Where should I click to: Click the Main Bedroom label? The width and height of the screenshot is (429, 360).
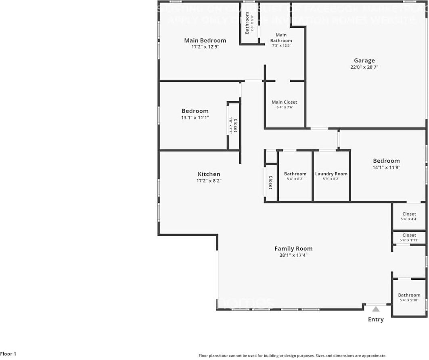tap(205, 40)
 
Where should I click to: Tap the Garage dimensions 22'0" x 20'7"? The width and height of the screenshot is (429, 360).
tap(364, 67)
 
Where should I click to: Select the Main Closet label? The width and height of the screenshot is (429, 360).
tap(284, 102)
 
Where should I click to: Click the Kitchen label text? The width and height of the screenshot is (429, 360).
tap(209, 174)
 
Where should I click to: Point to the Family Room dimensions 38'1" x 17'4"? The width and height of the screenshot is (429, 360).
tap(293, 255)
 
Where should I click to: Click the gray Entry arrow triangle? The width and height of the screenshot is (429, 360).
tap(376, 309)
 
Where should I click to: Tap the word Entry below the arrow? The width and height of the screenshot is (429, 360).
tap(376, 320)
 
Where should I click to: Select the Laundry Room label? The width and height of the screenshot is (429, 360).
tap(331, 174)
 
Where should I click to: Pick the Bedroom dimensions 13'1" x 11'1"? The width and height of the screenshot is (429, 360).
tap(195, 117)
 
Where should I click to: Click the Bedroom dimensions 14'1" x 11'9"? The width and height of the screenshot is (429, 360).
tap(386, 167)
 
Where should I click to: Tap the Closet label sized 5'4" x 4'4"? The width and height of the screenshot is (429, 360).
tap(409, 214)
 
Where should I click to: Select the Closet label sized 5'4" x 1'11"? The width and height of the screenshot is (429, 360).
tap(409, 235)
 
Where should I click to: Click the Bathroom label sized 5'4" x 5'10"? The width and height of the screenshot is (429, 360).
tap(409, 295)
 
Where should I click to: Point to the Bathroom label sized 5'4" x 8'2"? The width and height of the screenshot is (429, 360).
tap(295, 174)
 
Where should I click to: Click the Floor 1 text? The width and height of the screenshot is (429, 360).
tap(8, 354)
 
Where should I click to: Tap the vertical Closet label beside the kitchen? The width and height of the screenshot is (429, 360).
tap(270, 183)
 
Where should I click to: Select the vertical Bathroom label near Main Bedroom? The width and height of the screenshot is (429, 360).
tap(247, 23)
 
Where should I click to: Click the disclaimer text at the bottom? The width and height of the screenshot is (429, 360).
tap(292, 356)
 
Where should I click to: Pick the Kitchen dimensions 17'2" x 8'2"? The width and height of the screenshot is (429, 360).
tap(209, 181)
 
